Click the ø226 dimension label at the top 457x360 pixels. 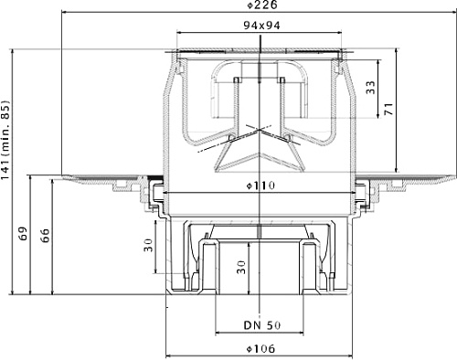(x=262, y=5)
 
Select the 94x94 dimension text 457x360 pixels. (x=261, y=26)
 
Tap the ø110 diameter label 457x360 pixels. (x=260, y=185)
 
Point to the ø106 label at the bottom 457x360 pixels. (x=260, y=348)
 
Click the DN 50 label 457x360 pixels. (x=262, y=325)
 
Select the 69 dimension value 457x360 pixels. (x=23, y=234)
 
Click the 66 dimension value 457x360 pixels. (x=45, y=235)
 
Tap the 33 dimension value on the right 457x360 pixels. (x=370, y=88)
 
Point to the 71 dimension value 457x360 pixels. (x=388, y=109)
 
